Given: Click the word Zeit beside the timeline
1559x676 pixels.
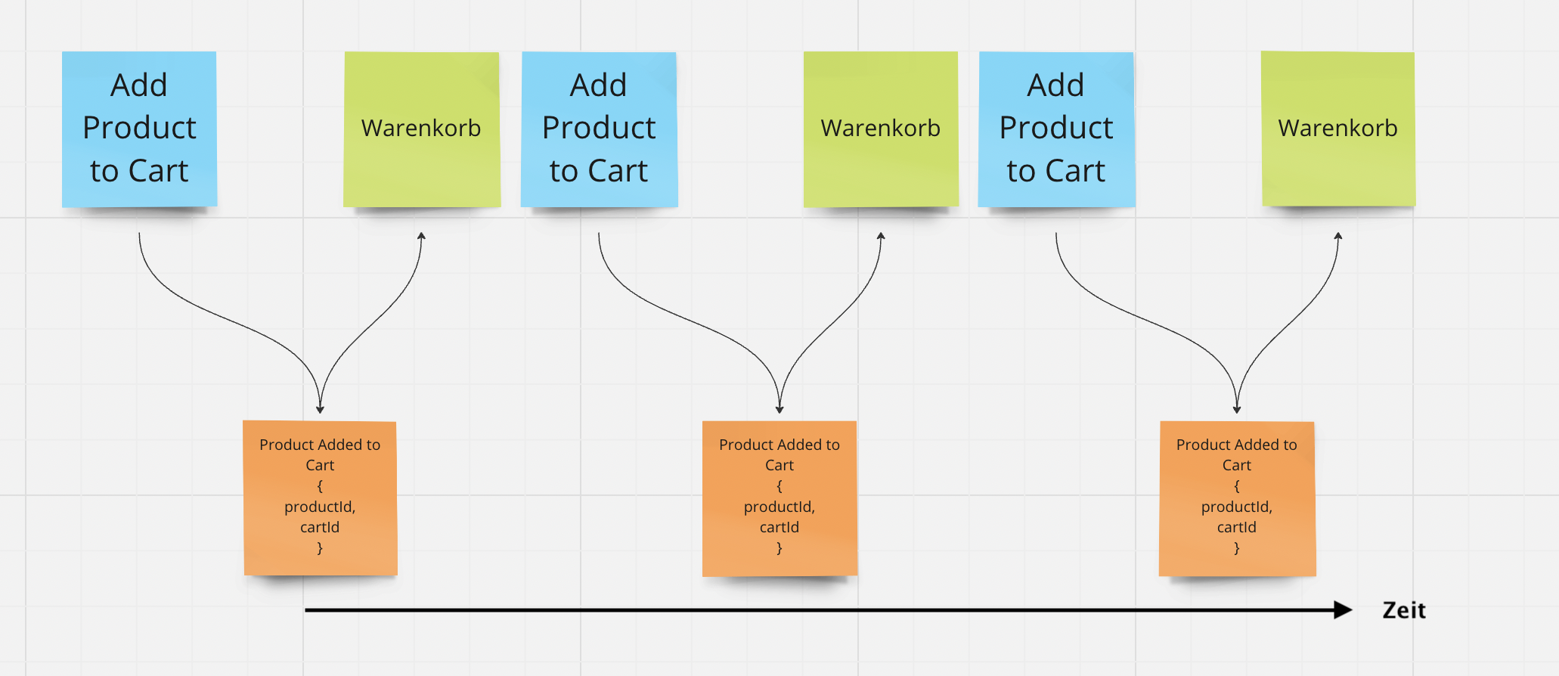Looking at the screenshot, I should pyautogui.click(x=1403, y=610).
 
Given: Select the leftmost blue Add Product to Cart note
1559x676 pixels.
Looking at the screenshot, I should pyautogui.click(x=139, y=129).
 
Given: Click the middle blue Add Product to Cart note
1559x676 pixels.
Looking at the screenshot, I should pyautogui.click(x=599, y=129).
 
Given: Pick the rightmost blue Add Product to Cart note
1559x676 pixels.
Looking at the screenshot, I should pyautogui.click(x=1056, y=129).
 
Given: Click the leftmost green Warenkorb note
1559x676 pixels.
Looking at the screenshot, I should pyautogui.click(x=421, y=129).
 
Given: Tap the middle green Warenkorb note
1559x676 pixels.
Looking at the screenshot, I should pyautogui.click(x=881, y=129).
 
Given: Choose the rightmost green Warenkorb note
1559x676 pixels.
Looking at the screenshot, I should pyautogui.click(x=1338, y=129).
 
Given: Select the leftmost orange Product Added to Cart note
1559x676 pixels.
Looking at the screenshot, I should pyautogui.click(x=320, y=498).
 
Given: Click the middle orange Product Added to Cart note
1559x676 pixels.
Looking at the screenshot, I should pyautogui.click(x=779, y=498).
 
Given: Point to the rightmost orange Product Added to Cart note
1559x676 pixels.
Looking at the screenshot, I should pyautogui.click(x=1237, y=498).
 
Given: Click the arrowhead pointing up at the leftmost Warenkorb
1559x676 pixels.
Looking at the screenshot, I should pyautogui.click(x=422, y=236).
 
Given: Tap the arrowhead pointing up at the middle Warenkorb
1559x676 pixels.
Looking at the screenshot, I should pyautogui.click(x=881, y=236).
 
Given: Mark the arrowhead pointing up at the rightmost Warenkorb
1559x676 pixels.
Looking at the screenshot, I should pyautogui.click(x=1338, y=236).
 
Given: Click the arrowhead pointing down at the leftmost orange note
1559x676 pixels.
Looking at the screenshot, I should pyautogui.click(x=320, y=409).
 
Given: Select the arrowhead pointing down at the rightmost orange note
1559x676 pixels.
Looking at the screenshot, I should pyautogui.click(x=1237, y=409).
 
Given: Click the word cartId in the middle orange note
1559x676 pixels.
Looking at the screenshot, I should pyautogui.click(x=779, y=527).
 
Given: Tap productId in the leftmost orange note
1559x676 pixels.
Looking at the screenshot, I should pyautogui.click(x=320, y=507).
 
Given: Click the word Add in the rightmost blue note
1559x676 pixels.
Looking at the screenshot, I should pyautogui.click(x=1056, y=85).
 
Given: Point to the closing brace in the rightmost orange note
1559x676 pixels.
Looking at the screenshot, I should pyautogui.click(x=1237, y=548).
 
